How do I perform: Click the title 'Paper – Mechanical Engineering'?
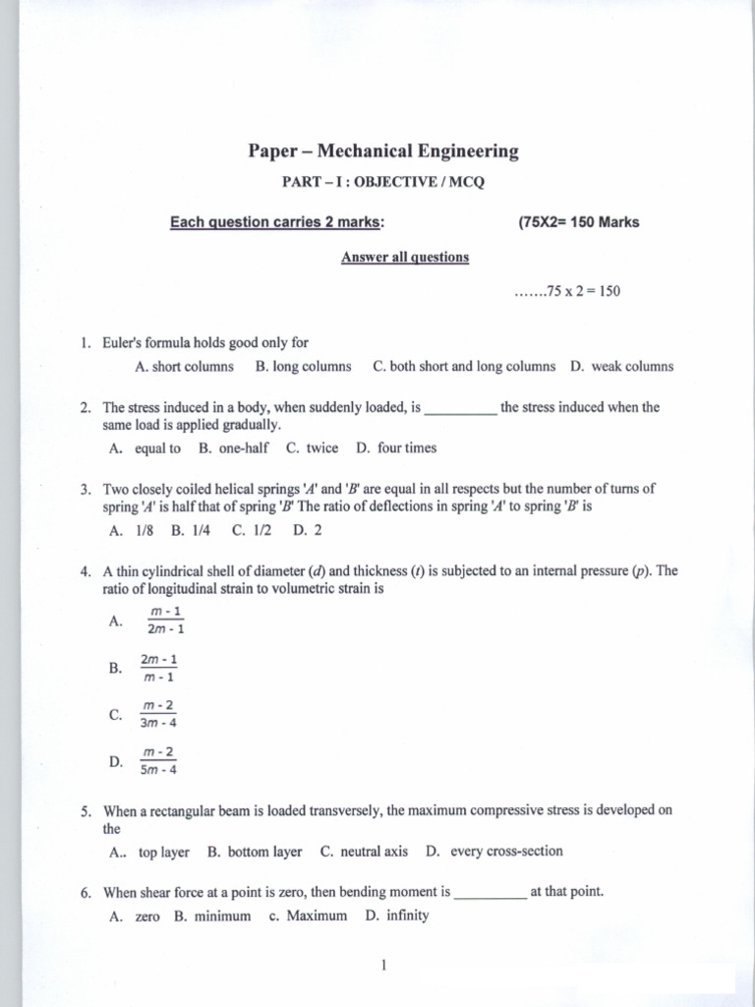pos(382,151)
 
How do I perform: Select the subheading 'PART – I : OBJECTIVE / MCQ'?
pos(383,184)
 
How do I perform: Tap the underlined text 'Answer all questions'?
pos(405,258)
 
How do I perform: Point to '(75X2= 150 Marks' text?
pos(578,222)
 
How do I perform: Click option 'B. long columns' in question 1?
pos(303,367)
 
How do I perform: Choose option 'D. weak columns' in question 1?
pos(621,367)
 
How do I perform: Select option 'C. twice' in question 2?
pos(312,448)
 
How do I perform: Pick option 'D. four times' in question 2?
pos(396,448)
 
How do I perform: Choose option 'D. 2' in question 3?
pos(308,530)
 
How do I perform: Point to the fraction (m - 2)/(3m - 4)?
pos(159,715)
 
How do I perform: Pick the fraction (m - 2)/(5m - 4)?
pos(159,761)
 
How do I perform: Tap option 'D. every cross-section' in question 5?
pos(494,852)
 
